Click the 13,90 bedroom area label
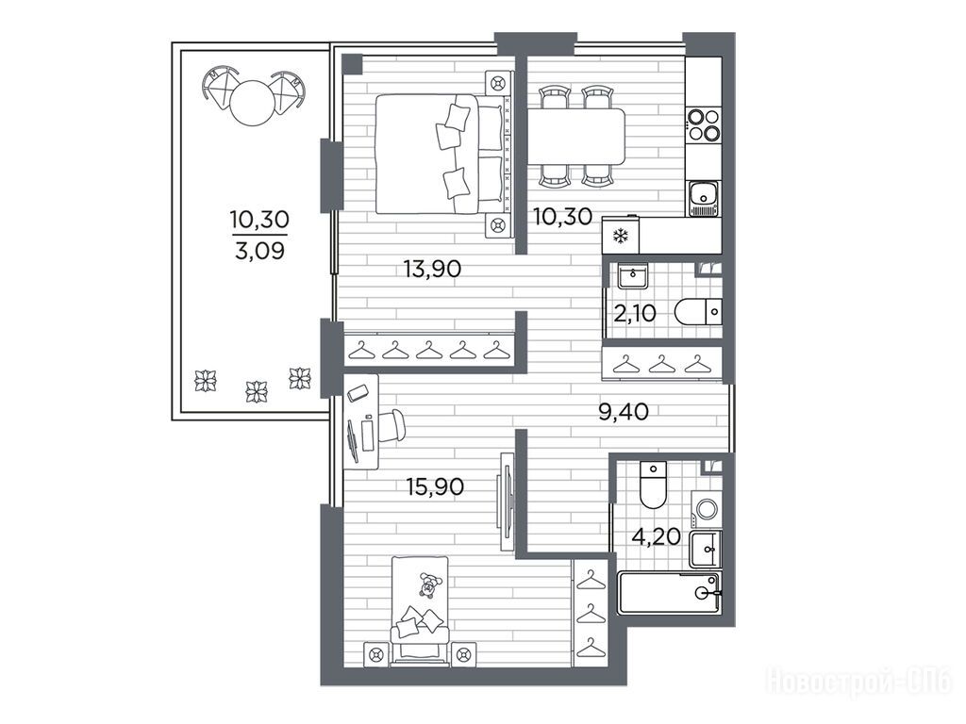pyautogui.click(x=432, y=269)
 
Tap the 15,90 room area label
pyautogui.click(x=435, y=487)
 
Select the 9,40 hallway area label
pyautogui.click(x=624, y=412)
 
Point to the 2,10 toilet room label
pyautogui.click(x=635, y=314)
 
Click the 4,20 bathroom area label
pyautogui.click(x=657, y=536)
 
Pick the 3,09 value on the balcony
pyautogui.click(x=259, y=251)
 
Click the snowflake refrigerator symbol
pyautogui.click(x=621, y=236)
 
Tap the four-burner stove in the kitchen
pyautogui.click(x=704, y=124)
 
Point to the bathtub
pyautogui.click(x=669, y=592)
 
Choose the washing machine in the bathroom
pyautogui.click(x=706, y=509)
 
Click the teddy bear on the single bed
pyautogui.click(x=428, y=584)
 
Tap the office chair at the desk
pyautogui.click(x=389, y=425)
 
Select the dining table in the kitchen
pyautogui.click(x=576, y=137)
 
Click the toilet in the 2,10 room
pyautogui.click(x=698, y=311)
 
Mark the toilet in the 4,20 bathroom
pyautogui.click(x=653, y=485)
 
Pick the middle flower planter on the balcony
pyautogui.click(x=257, y=391)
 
